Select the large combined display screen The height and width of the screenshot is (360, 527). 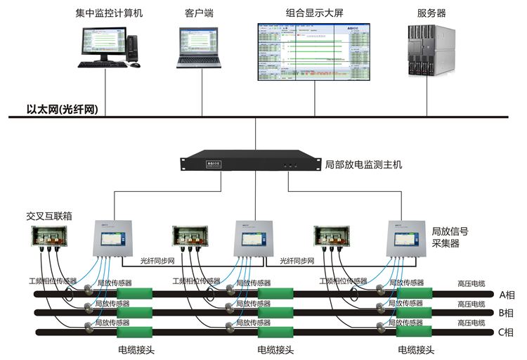[x=313, y=52]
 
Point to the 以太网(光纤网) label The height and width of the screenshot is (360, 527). [x=54, y=108]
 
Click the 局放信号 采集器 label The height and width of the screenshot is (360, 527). [x=450, y=236]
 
